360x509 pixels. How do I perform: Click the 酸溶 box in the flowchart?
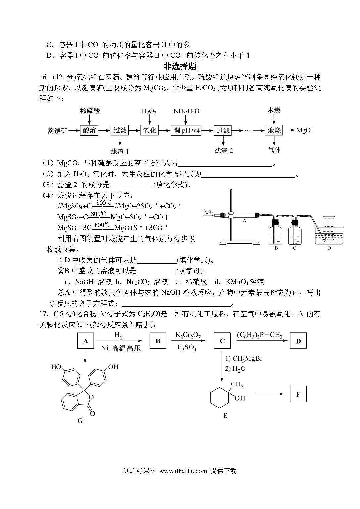pos(89,130)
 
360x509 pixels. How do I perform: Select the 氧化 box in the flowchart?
pos(149,130)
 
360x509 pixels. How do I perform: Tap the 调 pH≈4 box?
pos(186,130)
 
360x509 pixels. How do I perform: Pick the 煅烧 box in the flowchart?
pos(274,130)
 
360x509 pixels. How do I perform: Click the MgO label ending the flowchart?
pos(303,130)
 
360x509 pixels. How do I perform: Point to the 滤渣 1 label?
pos(120,151)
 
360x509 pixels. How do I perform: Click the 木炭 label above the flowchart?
pos(274,111)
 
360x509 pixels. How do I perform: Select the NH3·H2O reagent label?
pos(186,111)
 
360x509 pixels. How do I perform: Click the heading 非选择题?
pos(180,66)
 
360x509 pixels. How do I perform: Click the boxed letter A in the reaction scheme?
pos(86,341)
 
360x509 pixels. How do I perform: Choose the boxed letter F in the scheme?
pos(298,394)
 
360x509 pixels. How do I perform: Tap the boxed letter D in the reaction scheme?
pos(298,341)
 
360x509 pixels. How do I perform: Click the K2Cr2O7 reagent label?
pos(188,335)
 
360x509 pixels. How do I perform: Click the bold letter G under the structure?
pos(80,421)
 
